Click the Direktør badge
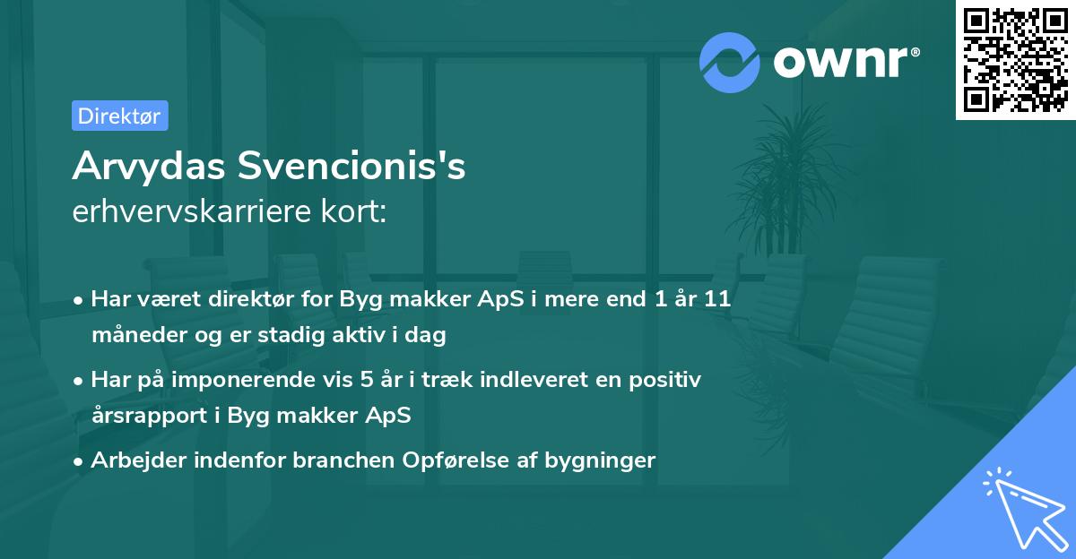click(119, 116)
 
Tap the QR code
click(1015, 60)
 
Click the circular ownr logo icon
click(728, 61)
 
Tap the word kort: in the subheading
click(356, 212)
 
